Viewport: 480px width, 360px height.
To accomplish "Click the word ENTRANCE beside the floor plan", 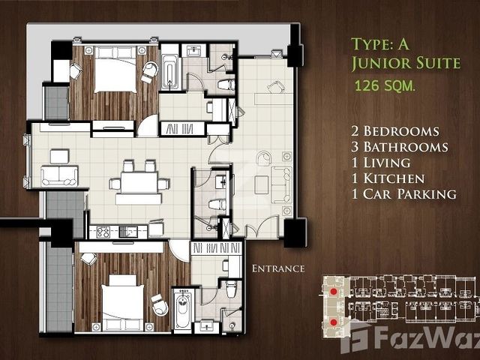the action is [x=278, y=268].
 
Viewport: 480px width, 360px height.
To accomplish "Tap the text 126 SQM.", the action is [x=385, y=85].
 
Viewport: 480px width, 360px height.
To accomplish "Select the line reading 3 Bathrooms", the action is [x=400, y=147].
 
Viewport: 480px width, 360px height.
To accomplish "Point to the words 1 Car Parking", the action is [x=403, y=194].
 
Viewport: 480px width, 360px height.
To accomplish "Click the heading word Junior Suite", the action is [x=406, y=63].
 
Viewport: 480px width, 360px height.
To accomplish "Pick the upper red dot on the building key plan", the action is [x=333, y=292].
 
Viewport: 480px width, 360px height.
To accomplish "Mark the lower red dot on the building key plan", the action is [x=333, y=322].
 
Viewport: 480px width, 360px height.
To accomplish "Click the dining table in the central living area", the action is [x=139, y=183].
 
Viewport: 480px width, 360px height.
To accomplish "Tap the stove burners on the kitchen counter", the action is [x=103, y=232].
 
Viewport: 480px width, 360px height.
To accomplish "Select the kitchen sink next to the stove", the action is [x=128, y=232].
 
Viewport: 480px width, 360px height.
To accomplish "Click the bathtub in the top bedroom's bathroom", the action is [x=169, y=72].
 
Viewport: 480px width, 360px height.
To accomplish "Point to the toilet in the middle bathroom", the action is [x=217, y=205].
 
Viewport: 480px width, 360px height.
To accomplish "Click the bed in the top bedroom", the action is [x=115, y=69].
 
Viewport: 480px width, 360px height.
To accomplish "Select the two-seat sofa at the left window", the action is [x=59, y=175].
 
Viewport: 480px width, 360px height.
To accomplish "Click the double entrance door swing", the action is [x=262, y=226].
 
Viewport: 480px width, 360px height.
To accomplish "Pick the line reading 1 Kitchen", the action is [x=388, y=178].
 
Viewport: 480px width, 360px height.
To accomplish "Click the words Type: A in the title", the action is [x=380, y=44].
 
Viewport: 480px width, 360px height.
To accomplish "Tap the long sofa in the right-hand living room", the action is [x=281, y=185].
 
